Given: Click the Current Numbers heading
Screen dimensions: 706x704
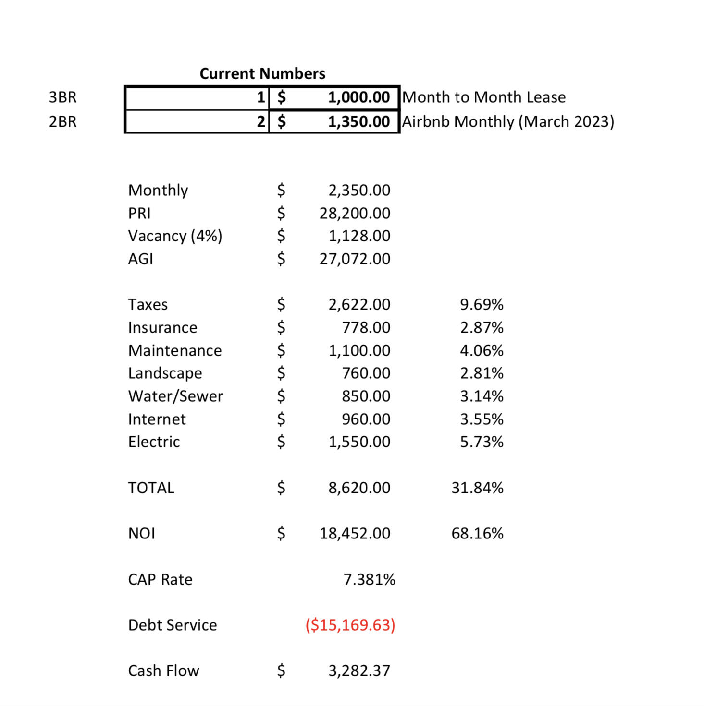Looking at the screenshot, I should pyautogui.click(x=262, y=73).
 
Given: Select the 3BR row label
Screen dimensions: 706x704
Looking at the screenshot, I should pyautogui.click(x=62, y=97).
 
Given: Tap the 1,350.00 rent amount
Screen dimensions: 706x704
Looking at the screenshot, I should pyautogui.click(x=358, y=122).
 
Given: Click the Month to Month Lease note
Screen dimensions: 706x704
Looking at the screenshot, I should pyautogui.click(x=484, y=97).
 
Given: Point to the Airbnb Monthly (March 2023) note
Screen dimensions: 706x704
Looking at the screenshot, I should pyautogui.click(x=508, y=122).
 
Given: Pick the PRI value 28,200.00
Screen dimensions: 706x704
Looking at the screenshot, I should pyautogui.click(x=355, y=213).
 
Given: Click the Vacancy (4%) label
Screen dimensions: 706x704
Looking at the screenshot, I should pyautogui.click(x=175, y=236).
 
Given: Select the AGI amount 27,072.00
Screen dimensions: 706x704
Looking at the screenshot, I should pyautogui.click(x=355, y=259).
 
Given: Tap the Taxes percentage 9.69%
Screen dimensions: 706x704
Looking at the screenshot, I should pyautogui.click(x=482, y=305).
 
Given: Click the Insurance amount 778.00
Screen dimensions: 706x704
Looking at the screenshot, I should pyautogui.click(x=366, y=328).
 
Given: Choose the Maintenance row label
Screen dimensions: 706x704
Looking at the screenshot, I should pyautogui.click(x=175, y=351).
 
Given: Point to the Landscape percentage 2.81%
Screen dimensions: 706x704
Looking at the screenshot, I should pyautogui.click(x=482, y=373).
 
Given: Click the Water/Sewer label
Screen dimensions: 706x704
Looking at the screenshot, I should pyautogui.click(x=175, y=396).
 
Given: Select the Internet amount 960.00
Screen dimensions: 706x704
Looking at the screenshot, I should pyautogui.click(x=366, y=419).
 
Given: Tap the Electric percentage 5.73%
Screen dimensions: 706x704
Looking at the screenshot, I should pyautogui.click(x=482, y=442).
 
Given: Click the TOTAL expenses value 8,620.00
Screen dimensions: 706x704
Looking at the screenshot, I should pyautogui.click(x=359, y=488).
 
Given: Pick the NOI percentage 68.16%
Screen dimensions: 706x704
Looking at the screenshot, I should pyautogui.click(x=477, y=534).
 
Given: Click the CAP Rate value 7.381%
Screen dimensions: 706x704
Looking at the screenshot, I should pyautogui.click(x=369, y=580).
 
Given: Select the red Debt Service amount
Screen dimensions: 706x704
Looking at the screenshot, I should pyautogui.click(x=350, y=625).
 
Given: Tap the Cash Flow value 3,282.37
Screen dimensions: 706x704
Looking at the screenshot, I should pyautogui.click(x=359, y=671).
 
